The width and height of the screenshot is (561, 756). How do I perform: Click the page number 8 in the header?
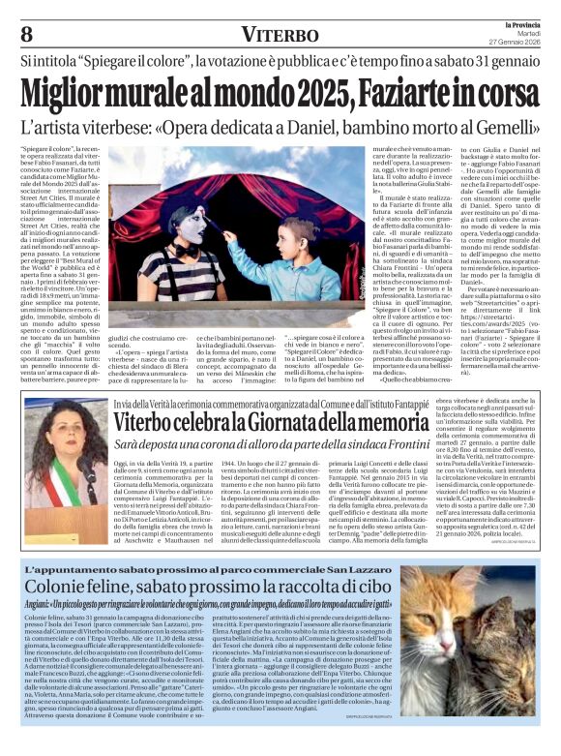coord(27,32)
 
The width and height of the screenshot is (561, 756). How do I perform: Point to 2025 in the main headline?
coord(315,94)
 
